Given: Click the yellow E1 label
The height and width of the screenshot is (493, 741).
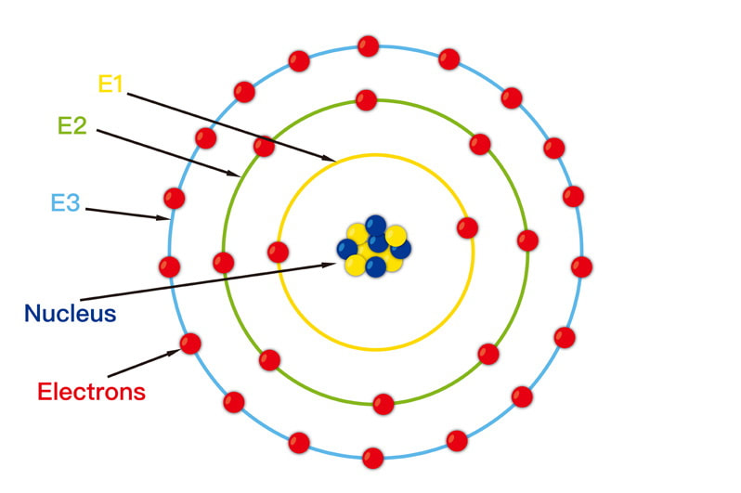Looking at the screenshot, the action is coord(110,84).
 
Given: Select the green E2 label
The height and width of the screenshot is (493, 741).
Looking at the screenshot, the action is coord(72,125).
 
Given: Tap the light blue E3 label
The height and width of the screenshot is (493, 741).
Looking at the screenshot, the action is coord(65,202).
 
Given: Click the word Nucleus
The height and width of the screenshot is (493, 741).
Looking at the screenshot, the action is coord(71,314).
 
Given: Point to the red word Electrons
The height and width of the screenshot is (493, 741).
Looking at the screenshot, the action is coord(92,392).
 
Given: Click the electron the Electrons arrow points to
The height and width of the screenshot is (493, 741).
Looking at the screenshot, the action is coord(190,344).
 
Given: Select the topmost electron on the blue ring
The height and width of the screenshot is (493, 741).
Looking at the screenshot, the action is coord(368,46).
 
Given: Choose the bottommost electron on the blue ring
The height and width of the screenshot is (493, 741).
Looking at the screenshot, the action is coord(372,458).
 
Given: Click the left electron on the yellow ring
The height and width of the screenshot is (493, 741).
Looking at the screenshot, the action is coord(278,253).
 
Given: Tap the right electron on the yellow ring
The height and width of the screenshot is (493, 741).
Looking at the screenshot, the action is coord(467,228).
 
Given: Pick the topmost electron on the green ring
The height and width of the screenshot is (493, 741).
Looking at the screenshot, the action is coord(366,100).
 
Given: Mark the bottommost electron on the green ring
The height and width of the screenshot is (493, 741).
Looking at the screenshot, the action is coord(383,404).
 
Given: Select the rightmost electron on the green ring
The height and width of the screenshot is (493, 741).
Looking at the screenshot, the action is coord(527,240).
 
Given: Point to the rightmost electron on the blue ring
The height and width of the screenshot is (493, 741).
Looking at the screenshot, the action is coord(581,267).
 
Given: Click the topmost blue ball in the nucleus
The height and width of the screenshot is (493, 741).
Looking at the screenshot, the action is coord(376,226).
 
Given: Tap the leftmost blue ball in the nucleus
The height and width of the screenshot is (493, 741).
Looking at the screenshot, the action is coord(347,249).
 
